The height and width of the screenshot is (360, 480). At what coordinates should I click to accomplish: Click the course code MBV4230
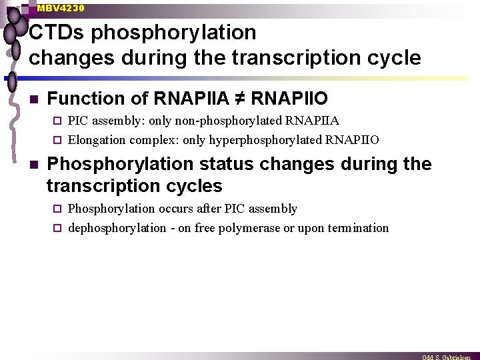click(61, 8)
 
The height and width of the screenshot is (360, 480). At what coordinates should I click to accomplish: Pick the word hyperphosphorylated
click(266, 140)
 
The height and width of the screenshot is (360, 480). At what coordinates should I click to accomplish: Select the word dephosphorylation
click(117, 228)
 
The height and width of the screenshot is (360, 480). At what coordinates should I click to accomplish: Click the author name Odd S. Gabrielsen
click(446, 357)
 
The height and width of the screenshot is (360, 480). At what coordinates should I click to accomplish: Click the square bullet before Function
click(33, 99)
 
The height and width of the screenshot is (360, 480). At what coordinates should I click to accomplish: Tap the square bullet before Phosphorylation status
click(33, 165)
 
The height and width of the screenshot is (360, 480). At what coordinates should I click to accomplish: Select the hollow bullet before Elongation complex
click(57, 140)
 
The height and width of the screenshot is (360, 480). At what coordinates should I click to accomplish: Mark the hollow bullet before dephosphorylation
click(57, 228)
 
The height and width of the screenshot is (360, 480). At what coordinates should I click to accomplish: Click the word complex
click(151, 140)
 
